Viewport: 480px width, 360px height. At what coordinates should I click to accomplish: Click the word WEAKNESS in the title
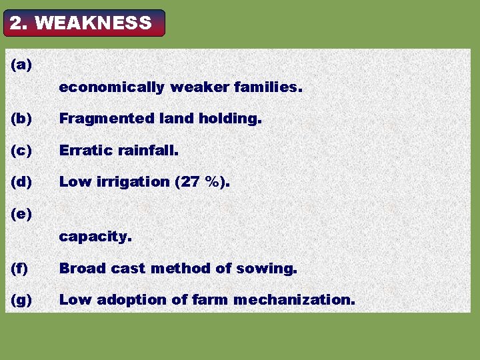(93, 23)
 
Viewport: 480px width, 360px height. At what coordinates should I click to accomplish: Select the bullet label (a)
(21, 65)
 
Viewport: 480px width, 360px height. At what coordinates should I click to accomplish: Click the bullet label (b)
(21, 119)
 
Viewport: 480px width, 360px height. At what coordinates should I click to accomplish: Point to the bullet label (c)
(21, 151)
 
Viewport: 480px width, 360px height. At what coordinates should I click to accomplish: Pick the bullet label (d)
(21, 181)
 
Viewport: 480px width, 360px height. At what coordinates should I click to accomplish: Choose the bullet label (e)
(21, 214)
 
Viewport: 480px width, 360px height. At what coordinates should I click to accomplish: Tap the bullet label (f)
(20, 269)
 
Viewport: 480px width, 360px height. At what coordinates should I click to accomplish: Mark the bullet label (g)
(21, 300)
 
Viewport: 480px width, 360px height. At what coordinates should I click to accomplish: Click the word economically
(111, 87)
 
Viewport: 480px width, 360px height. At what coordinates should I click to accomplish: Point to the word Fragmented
(107, 119)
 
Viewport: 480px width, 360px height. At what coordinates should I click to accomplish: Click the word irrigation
(128, 182)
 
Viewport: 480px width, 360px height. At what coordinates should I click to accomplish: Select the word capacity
(95, 237)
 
